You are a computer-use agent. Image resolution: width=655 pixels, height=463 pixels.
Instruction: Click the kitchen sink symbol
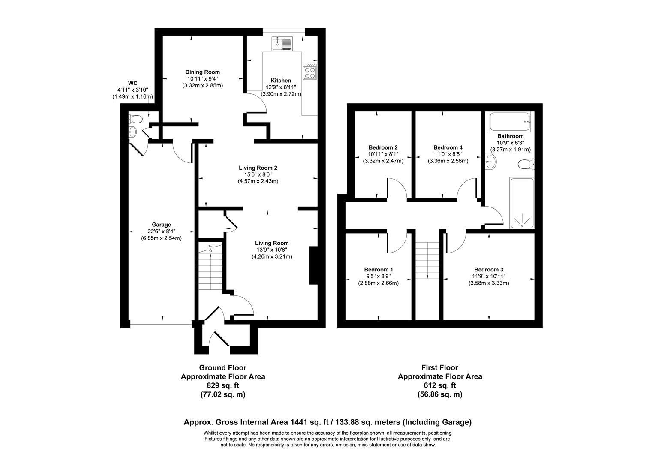coord(282,43)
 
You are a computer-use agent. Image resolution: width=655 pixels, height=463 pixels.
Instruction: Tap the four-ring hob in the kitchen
coord(310,72)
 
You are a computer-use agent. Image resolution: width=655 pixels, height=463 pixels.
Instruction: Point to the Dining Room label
coord(202,72)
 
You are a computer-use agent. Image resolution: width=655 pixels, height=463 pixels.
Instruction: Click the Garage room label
coord(161,225)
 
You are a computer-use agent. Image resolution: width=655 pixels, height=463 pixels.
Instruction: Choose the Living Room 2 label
coord(258,168)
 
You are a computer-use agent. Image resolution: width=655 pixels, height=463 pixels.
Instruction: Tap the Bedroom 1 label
coord(379,269)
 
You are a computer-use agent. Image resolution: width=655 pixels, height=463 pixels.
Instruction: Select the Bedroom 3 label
coord(489,270)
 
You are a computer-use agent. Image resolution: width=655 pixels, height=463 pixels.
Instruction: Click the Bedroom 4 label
coord(448,147)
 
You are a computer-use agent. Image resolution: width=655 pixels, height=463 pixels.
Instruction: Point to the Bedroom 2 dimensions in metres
coord(379,161)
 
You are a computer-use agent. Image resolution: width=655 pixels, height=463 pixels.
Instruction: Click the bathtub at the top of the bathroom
coord(510,122)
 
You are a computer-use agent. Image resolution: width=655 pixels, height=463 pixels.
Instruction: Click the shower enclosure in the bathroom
coord(522,203)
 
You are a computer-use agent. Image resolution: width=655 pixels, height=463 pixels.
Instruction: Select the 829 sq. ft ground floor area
coord(222,385)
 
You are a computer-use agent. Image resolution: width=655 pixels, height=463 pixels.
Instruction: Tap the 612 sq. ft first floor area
coord(440,385)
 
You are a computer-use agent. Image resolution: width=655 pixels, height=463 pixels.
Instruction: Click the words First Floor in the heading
coord(440,367)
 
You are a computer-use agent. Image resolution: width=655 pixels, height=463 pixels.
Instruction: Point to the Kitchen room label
coord(281,81)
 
